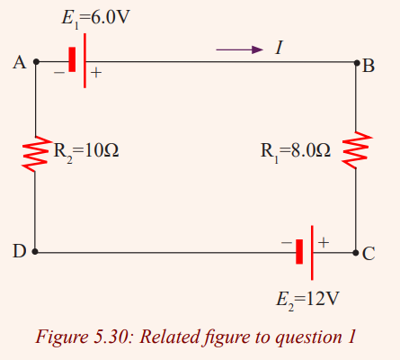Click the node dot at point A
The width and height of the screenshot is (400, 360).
36,62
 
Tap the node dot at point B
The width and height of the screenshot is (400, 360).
357,63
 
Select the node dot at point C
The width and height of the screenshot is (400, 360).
356,253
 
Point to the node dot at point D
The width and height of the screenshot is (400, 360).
35,251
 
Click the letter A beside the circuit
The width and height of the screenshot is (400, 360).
20,63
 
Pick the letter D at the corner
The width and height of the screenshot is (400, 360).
19,251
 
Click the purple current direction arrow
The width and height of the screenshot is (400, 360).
240,49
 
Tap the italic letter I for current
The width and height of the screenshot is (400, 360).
280,48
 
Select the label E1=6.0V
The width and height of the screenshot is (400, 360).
96,18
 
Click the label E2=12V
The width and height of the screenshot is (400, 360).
307,300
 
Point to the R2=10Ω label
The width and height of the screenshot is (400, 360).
86,151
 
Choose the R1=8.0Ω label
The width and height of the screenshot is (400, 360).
296,151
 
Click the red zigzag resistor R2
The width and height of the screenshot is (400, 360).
36,154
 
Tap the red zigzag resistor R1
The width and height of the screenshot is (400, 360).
357,149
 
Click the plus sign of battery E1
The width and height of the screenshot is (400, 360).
96,73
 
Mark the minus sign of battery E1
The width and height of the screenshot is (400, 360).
59,72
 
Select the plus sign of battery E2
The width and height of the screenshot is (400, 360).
324,242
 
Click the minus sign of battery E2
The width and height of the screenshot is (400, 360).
287,242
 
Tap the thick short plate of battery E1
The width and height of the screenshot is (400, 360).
72,59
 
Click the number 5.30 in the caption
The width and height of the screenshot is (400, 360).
111,337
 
